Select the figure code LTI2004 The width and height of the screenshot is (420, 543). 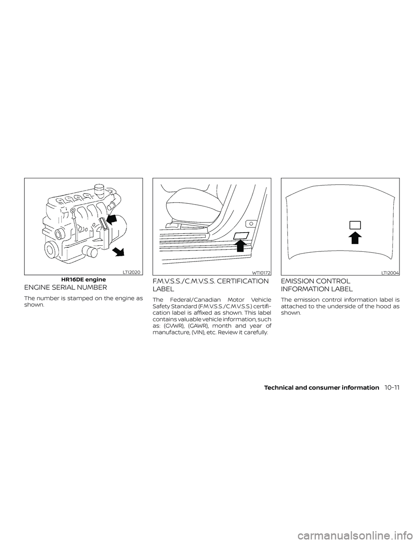pyautogui.click(x=390, y=272)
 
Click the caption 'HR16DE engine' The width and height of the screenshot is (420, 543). pyautogui.click(x=83, y=278)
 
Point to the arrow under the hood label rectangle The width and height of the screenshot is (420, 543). pyautogui.click(x=355, y=237)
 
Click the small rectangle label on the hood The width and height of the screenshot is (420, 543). pyautogui.click(x=355, y=225)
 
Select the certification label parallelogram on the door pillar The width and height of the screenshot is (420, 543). pyautogui.click(x=241, y=236)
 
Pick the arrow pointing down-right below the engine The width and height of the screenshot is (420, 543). pyautogui.click(x=118, y=252)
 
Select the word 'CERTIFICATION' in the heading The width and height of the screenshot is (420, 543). pyautogui.click(x=238, y=282)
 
